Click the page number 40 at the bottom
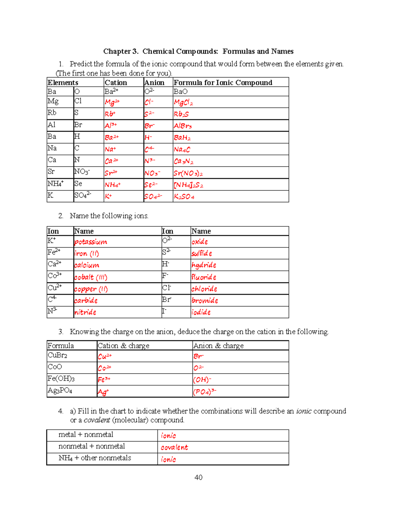[198, 477]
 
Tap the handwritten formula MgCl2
[183, 103]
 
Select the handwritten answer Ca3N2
[184, 162]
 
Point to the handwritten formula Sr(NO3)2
[188, 173]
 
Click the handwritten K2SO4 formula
[184, 197]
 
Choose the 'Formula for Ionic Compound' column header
[223, 82]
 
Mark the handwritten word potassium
[91, 242]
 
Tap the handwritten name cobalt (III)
[91, 277]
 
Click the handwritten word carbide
[86, 301]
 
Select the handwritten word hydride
[204, 265]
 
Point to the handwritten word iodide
[201, 312]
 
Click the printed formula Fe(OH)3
[61, 379]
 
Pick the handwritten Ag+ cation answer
[103, 392]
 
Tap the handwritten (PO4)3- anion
[204, 392]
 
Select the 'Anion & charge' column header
[218, 346]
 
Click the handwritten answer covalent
[174, 447]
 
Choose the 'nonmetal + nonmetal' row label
[92, 446]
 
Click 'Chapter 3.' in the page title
[121, 51]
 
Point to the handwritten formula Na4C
[182, 150]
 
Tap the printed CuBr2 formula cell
[58, 355]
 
